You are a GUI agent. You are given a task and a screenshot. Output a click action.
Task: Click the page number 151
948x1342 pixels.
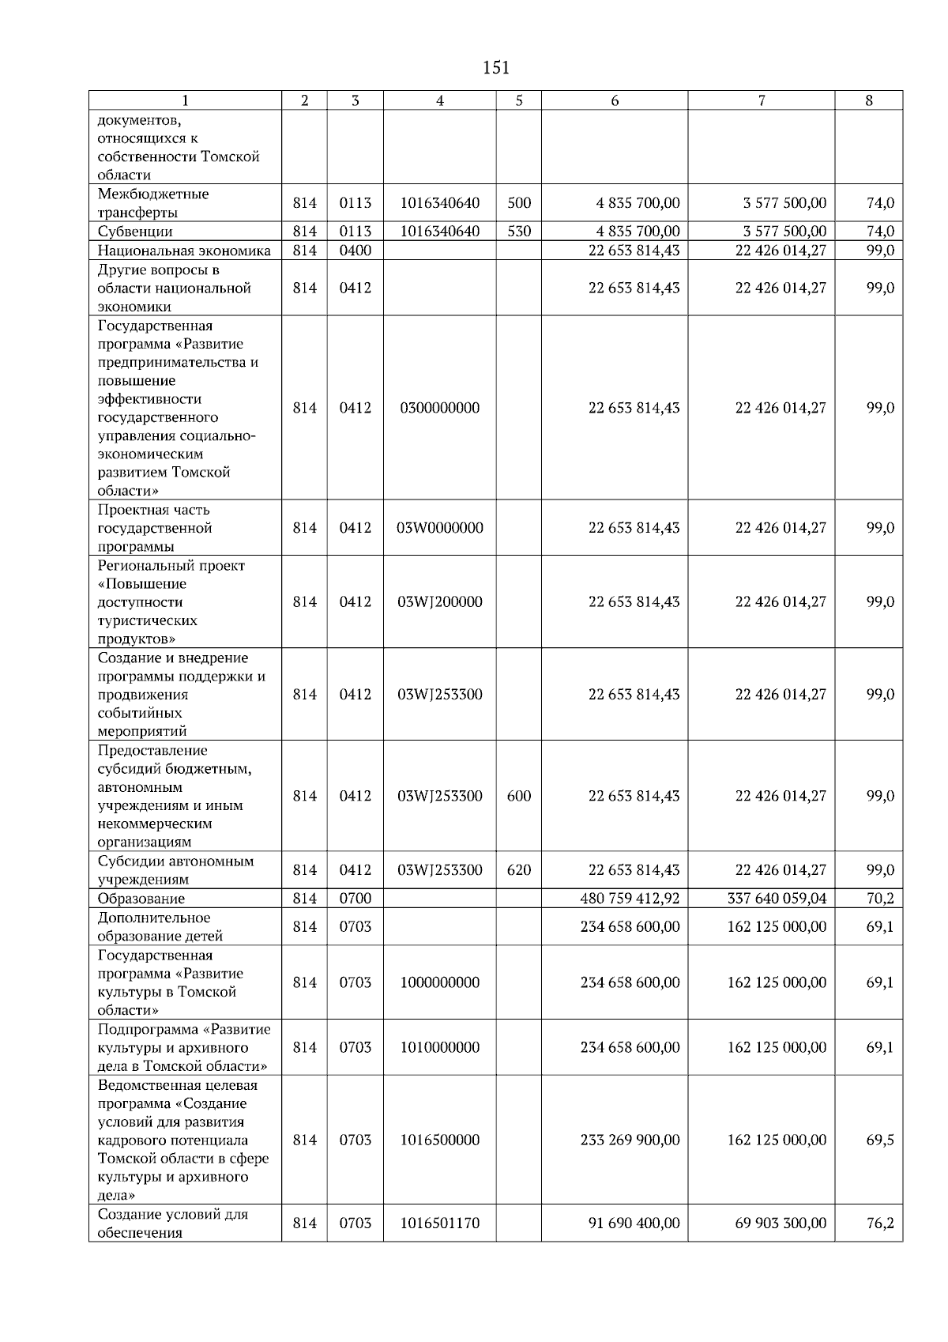(495, 68)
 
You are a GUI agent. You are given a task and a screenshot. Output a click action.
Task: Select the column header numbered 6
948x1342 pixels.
(615, 100)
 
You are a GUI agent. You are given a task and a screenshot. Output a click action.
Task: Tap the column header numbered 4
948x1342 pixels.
(439, 100)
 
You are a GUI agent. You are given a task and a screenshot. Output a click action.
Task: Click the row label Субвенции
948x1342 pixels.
(135, 232)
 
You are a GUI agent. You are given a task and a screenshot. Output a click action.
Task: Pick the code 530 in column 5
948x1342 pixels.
(518, 232)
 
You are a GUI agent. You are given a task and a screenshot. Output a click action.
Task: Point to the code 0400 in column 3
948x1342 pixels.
(355, 251)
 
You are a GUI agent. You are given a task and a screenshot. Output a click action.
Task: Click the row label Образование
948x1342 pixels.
(141, 899)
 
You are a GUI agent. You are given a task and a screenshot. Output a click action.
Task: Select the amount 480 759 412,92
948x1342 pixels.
(630, 899)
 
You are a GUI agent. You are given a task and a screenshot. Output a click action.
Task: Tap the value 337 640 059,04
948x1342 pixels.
(777, 899)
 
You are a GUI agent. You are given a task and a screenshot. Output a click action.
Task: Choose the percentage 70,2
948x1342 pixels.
(880, 899)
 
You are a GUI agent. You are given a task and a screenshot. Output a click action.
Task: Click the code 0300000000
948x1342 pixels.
(439, 408)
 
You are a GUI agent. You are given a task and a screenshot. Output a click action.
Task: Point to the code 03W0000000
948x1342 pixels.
(439, 528)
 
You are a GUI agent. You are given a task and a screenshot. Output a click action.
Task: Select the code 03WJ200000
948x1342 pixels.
(439, 601)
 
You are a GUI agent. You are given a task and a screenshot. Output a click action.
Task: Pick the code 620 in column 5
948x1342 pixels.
(518, 870)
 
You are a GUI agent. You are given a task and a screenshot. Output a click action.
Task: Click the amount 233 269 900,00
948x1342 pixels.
(630, 1140)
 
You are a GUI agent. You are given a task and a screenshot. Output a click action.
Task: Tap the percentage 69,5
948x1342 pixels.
(880, 1140)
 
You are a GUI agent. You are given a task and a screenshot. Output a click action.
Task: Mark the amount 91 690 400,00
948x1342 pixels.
(634, 1223)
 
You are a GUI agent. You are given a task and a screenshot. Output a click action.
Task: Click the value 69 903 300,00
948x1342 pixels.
(781, 1223)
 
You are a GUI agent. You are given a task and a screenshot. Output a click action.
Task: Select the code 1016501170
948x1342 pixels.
(439, 1223)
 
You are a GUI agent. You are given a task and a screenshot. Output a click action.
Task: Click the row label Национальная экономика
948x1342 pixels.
(184, 251)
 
